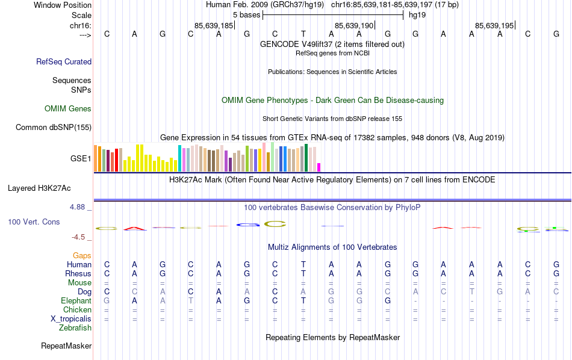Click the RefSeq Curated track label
(64, 61)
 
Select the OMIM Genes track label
(68, 109)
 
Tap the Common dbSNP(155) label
(54, 127)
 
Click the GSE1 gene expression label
(81, 159)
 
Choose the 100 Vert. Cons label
(34, 222)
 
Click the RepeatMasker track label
(66, 346)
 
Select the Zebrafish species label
(75, 328)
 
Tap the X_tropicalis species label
(71, 319)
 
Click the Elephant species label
(76, 301)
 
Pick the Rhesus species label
(78, 274)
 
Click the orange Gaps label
(82, 256)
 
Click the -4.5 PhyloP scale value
(80, 237)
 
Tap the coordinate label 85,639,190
(354, 25)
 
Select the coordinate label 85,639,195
(494, 25)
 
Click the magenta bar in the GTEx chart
(319, 167)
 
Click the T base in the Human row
(303, 265)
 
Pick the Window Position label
(63, 5)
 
